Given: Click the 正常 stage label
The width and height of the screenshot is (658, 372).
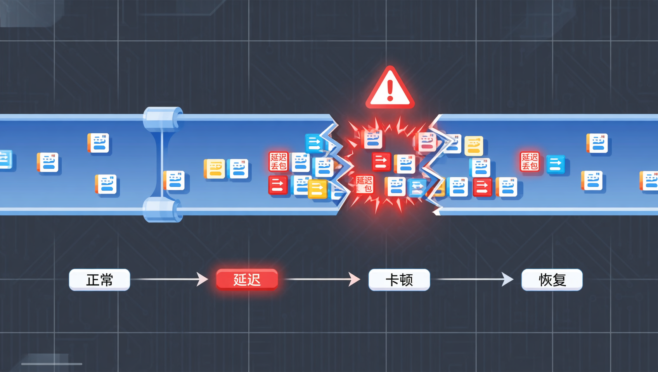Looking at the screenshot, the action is [x=99, y=280].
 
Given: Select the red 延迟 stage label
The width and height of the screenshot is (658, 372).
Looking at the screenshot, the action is [x=247, y=280].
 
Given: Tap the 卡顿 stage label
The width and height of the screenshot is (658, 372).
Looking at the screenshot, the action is [x=399, y=280].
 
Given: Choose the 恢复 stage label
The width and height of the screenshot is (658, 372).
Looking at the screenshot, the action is [x=552, y=280].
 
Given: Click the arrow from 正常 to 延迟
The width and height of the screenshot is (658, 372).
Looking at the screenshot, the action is [x=170, y=279].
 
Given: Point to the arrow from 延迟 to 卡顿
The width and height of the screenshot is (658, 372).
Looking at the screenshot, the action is [x=322, y=279].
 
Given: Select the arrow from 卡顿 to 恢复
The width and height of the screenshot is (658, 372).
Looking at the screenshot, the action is [x=475, y=279].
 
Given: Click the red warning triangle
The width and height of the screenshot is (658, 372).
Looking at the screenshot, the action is [x=390, y=87].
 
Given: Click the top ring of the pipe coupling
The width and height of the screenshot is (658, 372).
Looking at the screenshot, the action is [x=163, y=118].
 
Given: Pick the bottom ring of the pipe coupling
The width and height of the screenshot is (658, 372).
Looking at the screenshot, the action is [x=163, y=209].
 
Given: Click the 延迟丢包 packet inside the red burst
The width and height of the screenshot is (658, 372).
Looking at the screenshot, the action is [x=365, y=184].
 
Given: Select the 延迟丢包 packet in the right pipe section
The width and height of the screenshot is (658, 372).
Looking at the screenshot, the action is [x=530, y=161].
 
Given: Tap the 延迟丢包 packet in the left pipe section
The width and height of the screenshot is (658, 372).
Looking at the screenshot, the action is [x=279, y=161].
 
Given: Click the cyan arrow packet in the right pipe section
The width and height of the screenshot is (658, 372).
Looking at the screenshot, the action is [x=556, y=164].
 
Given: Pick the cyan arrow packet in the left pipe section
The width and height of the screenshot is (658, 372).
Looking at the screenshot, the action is [x=314, y=143].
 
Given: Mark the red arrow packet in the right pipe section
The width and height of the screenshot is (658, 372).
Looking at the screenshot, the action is [x=482, y=187].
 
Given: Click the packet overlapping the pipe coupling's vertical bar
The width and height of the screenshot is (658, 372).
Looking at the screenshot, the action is [x=174, y=180].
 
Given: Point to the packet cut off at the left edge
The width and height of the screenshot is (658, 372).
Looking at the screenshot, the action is [x=6, y=159].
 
